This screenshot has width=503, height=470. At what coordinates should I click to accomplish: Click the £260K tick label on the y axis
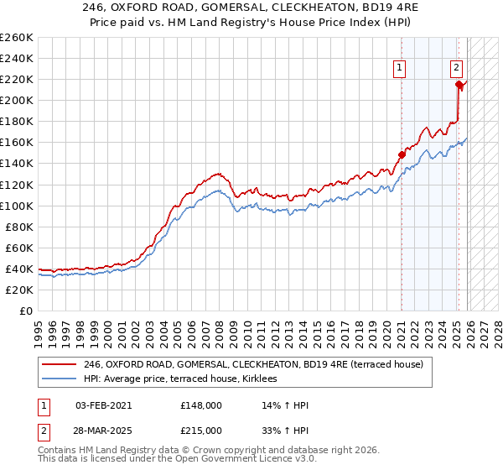(16, 37)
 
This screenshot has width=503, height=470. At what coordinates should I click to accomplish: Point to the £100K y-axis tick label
(16, 206)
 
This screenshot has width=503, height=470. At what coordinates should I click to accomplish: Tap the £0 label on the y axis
(26, 311)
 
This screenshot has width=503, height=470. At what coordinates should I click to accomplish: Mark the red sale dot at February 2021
(402, 154)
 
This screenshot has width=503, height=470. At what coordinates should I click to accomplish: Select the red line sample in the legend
(59, 365)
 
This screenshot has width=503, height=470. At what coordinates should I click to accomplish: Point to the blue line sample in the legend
(59, 379)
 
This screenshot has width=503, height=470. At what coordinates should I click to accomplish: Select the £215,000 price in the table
(201, 430)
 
